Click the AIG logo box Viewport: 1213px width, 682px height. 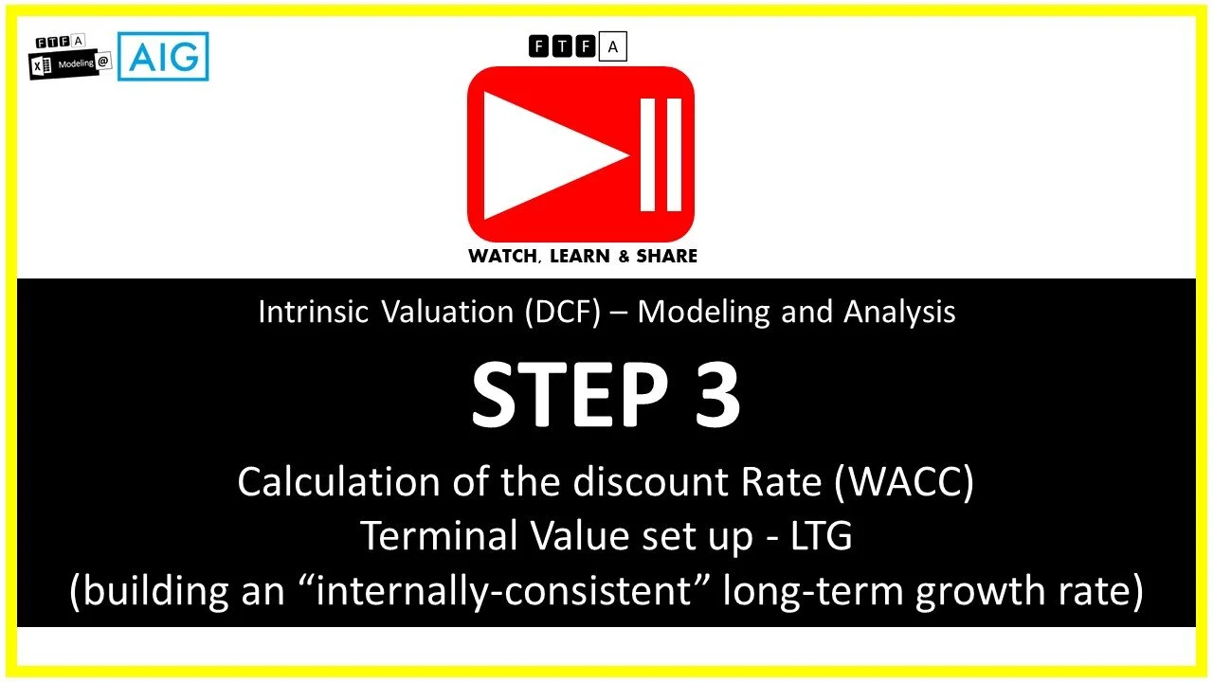pyautogui.click(x=163, y=57)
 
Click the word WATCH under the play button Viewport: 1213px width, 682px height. pyautogui.click(x=501, y=256)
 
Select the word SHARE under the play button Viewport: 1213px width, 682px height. pyautogui.click(x=665, y=256)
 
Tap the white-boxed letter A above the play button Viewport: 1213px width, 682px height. pyautogui.click(x=613, y=45)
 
